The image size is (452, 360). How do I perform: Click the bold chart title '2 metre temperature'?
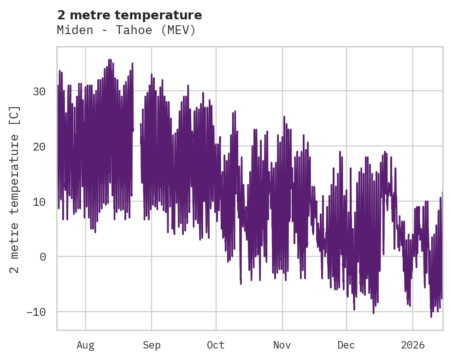point(129,15)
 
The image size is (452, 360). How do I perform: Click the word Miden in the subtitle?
point(71,30)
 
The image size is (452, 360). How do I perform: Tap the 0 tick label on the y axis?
point(43,257)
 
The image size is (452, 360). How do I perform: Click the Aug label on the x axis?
point(86,345)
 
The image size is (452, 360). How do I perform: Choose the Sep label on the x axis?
point(152,345)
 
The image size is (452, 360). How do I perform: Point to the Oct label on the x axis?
point(216,345)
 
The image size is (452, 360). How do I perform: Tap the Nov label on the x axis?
point(282,345)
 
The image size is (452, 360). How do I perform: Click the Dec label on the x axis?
point(346,345)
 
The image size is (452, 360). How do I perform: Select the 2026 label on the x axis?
point(413,345)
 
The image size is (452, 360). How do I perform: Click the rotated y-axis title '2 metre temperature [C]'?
point(15,189)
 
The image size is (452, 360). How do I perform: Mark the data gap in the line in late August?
point(137,138)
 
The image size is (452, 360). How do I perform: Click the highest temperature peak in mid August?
point(109,59)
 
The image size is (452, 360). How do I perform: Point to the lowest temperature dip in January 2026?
point(431,317)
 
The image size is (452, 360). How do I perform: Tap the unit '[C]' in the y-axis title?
point(15,116)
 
